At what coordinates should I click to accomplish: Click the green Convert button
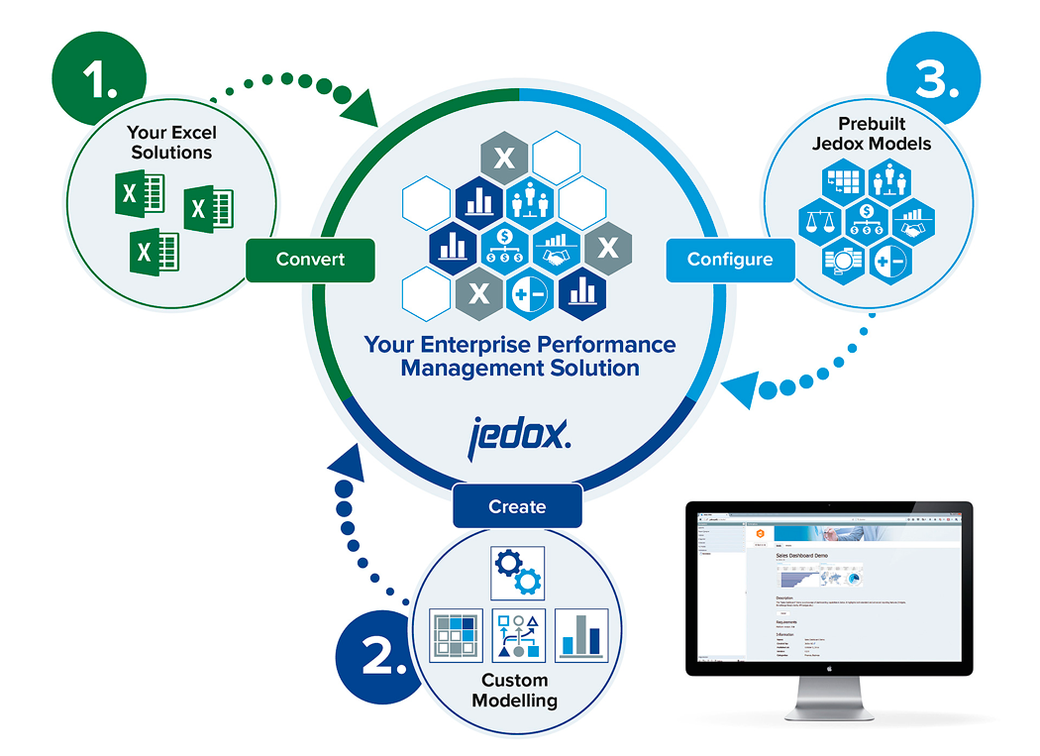click(311, 260)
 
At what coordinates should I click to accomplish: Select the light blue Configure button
click(730, 260)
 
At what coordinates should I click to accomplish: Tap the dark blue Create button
click(517, 506)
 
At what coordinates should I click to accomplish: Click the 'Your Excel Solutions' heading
click(171, 143)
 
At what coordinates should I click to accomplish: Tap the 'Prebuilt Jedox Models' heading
click(871, 134)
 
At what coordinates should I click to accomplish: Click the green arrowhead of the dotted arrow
click(365, 107)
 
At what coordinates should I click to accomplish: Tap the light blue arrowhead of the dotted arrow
click(738, 387)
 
